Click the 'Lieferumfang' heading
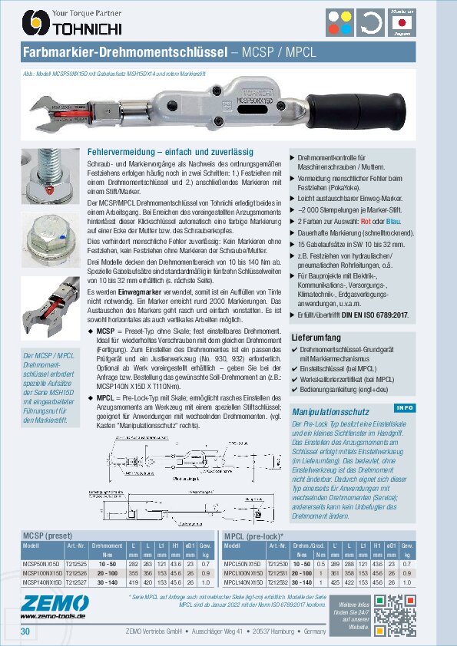click(316, 337)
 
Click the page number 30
click(25, 631)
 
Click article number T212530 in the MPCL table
click(277, 564)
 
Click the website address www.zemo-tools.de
click(52, 615)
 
